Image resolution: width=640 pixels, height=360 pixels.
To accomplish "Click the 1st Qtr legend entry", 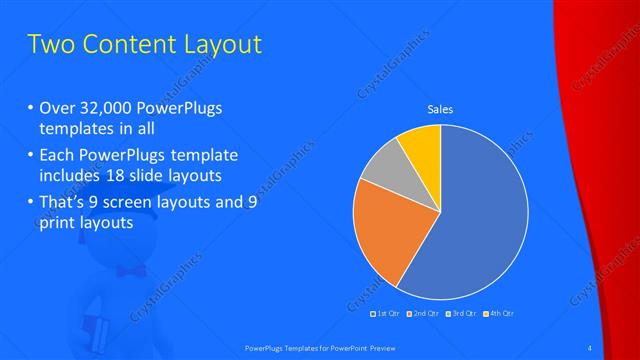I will pyautogui.click(x=388, y=313).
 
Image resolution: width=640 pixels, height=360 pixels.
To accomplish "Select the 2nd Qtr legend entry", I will pyautogui.click(x=424, y=313).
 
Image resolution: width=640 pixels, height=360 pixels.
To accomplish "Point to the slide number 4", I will pyautogui.click(x=591, y=346).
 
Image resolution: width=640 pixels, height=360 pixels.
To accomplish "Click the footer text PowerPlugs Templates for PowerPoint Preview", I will pyautogui.click(x=319, y=346).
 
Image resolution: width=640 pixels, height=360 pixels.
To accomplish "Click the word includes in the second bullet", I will pyautogui.click(x=73, y=175).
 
